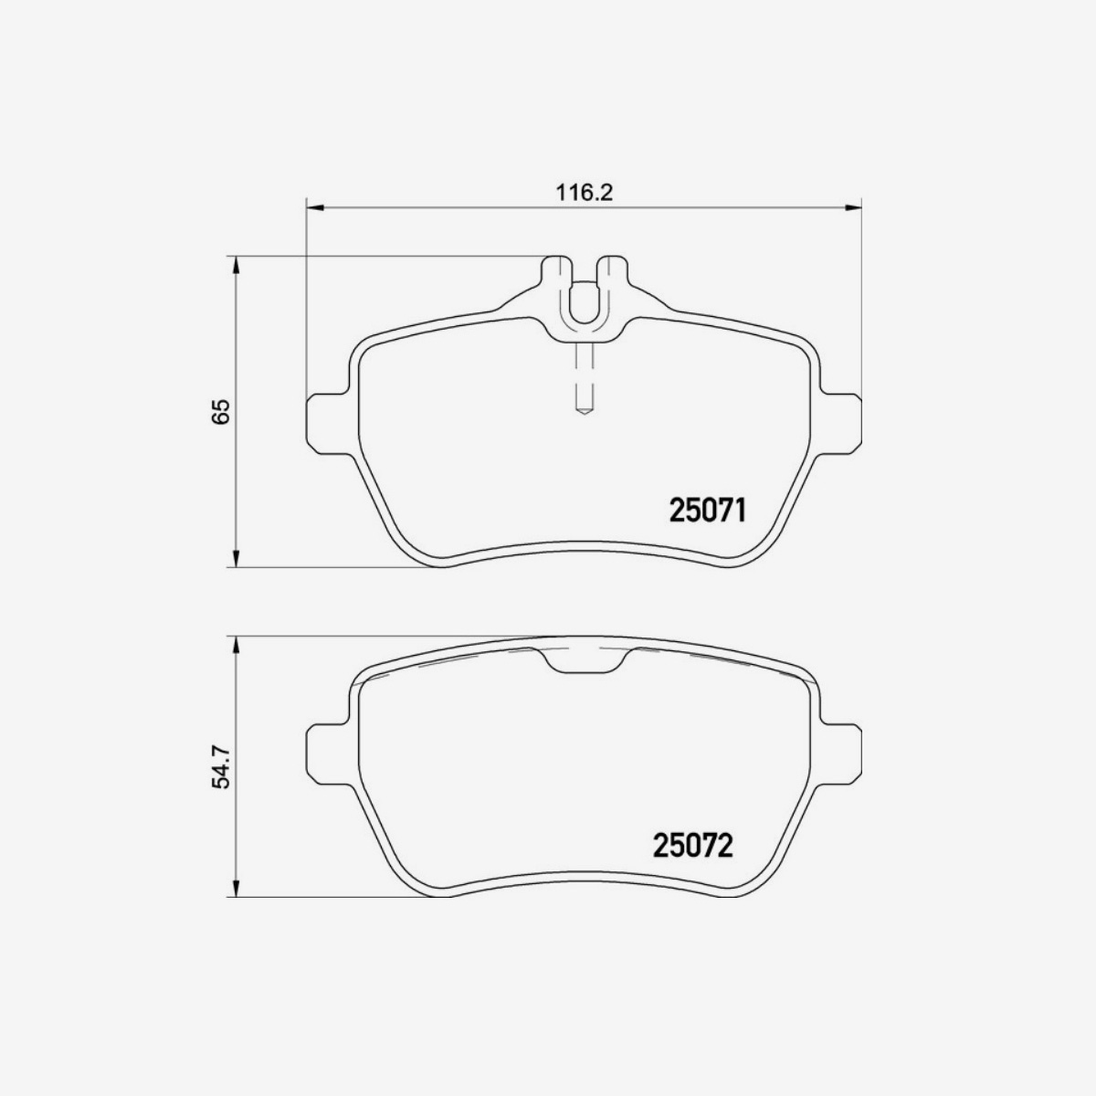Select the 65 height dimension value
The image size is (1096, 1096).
(221, 411)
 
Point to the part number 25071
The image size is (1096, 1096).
(708, 511)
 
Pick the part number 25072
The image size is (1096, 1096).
(693, 845)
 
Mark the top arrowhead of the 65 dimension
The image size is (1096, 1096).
(236, 265)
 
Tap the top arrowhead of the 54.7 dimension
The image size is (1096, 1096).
(236, 645)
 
